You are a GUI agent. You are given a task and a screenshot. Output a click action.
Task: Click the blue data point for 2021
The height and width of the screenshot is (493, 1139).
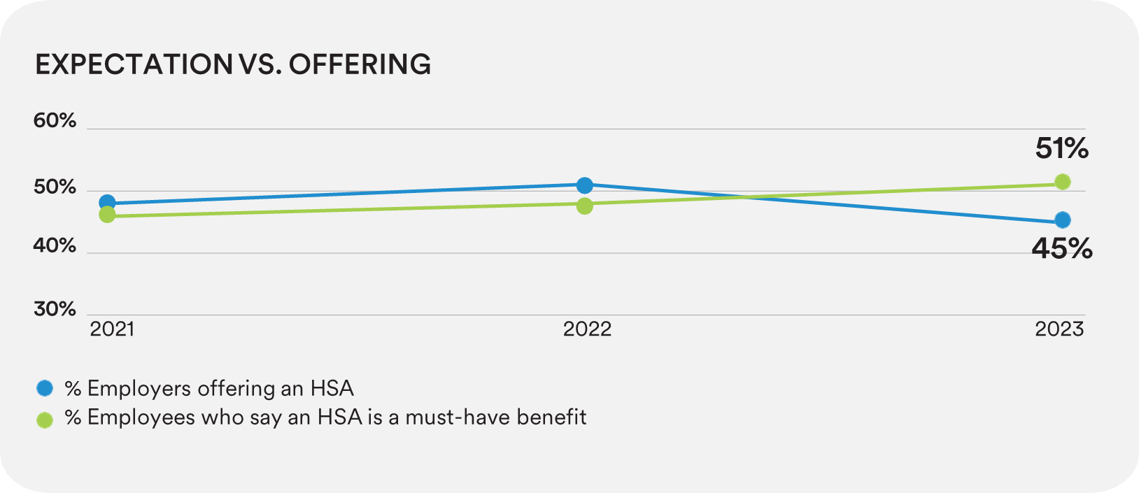point(107,203)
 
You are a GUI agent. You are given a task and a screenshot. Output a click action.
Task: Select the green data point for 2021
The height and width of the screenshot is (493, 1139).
point(107,215)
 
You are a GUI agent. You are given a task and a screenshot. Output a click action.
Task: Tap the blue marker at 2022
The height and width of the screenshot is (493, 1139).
point(585,185)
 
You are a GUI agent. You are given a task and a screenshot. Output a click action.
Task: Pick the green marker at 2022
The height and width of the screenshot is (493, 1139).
point(585,206)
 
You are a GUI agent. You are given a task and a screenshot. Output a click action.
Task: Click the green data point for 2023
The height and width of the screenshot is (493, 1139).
point(1062,182)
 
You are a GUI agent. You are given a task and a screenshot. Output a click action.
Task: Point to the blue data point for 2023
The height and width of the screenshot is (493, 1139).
point(1062,220)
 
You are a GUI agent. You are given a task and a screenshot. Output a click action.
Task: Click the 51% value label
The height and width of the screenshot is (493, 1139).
point(1061,148)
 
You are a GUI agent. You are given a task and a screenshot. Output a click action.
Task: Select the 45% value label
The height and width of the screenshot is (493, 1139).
point(1061,248)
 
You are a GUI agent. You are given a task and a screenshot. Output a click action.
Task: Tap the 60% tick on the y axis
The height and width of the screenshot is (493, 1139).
point(55,120)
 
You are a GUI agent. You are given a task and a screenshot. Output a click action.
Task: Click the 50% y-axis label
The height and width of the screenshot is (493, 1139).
point(55,187)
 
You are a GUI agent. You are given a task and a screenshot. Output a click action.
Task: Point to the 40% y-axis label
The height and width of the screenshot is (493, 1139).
point(55,245)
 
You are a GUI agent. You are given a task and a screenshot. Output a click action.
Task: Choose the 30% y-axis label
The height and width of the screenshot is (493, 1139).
point(55,308)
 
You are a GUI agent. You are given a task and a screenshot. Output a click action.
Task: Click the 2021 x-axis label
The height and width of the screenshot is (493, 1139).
point(112,329)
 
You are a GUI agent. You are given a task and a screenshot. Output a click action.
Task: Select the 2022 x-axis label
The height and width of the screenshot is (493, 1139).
point(587,329)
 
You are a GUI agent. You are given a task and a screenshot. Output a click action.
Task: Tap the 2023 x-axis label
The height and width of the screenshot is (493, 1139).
point(1059,329)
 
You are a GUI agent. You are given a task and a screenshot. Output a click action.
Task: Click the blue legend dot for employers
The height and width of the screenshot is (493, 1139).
point(45,388)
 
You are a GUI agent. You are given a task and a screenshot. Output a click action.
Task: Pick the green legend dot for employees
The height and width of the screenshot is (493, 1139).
point(45,420)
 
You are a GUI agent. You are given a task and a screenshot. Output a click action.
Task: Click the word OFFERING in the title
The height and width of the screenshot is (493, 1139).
point(360,64)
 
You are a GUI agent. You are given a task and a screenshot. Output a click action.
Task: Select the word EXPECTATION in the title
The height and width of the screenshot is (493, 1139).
point(134,64)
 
